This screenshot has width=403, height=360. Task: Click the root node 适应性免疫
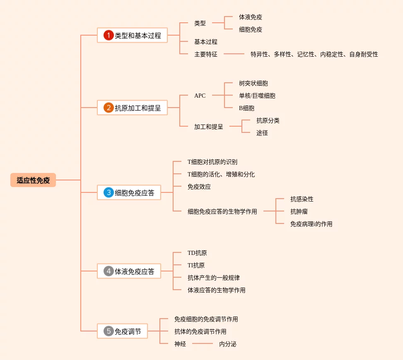[x=33, y=180]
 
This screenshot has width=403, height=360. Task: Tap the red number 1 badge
[x=109, y=35]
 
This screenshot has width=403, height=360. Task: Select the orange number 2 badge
[x=109, y=108]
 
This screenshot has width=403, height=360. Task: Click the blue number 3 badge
[x=109, y=192]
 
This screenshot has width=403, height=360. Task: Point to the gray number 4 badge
[x=109, y=271]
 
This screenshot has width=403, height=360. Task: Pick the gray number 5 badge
[x=109, y=331]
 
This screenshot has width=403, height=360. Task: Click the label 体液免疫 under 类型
[x=251, y=17]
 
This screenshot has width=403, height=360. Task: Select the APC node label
[x=200, y=96]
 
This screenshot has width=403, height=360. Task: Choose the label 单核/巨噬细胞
[x=257, y=96]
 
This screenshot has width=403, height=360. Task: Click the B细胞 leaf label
[x=247, y=108]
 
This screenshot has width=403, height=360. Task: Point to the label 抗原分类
[x=268, y=120]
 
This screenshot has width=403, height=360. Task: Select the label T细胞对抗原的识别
[x=212, y=162]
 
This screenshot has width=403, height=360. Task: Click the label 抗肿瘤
[x=299, y=211]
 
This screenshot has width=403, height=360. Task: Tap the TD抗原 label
[x=197, y=253]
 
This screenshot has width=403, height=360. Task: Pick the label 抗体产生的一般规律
[x=214, y=278]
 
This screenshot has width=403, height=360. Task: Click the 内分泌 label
[x=228, y=344]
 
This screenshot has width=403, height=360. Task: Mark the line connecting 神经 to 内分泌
[x=203, y=343]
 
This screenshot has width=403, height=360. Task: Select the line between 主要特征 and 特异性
[x=234, y=54]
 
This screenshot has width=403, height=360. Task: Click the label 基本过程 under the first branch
[x=206, y=42]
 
